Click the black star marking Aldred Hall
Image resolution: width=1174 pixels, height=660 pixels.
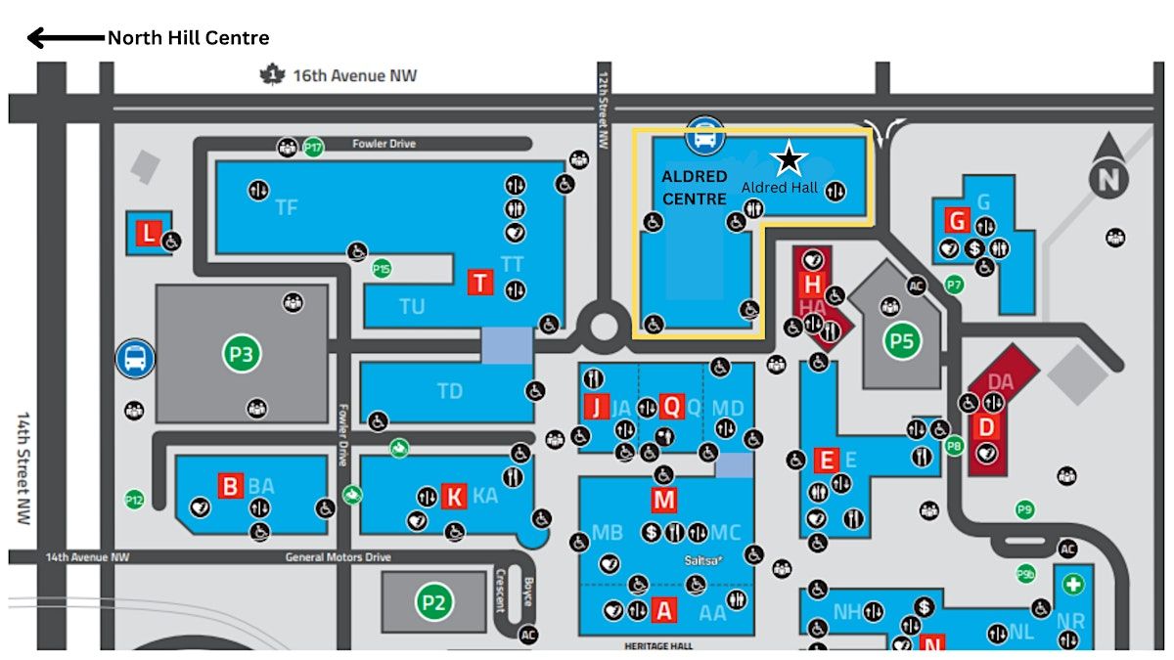[789, 158]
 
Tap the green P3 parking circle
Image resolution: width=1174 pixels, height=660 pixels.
[242, 353]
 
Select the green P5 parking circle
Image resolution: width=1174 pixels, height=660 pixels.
[903, 341]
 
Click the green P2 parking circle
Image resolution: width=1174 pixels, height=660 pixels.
[433, 601]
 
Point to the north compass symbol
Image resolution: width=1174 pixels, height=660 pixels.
[1108, 178]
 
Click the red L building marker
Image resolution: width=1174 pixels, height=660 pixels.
[148, 234]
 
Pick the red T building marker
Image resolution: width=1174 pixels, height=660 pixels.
[480, 282]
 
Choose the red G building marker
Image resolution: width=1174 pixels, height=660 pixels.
[956, 221]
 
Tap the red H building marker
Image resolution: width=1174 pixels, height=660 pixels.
[811, 285]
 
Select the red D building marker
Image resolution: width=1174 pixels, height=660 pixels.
[986, 426]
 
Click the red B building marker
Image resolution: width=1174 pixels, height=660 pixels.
[230, 485]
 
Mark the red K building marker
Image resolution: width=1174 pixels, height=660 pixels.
[454, 497]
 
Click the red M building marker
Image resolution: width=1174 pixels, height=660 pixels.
[664, 500]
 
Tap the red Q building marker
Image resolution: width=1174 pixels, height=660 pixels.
[671, 405]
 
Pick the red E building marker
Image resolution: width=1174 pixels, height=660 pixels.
[827, 460]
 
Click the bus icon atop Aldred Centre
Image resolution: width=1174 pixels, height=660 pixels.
[703, 136]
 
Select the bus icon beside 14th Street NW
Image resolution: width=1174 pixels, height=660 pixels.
[135, 358]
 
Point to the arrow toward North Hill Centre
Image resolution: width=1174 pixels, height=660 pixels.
[65, 38]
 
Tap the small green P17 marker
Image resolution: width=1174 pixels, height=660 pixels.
[313, 147]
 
